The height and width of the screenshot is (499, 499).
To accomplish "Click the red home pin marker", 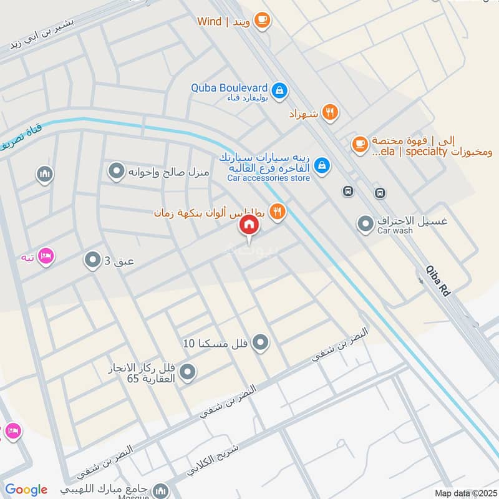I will click(249, 225).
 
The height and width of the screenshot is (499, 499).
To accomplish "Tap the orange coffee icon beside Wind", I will click(262, 21).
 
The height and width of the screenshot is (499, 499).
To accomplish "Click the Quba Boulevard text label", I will click(229, 88).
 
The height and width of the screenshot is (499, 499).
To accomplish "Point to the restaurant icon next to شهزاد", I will click(331, 113).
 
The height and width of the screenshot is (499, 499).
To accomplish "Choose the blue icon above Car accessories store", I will click(322, 165).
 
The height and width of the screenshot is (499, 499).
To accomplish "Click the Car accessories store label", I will click(268, 178).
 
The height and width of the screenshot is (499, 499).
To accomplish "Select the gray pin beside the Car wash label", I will click(365, 223).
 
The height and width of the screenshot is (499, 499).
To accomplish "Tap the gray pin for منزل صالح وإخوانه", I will click(116, 170).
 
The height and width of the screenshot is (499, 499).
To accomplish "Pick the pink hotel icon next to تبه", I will click(46, 256).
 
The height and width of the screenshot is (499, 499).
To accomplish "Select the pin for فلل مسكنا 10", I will click(261, 342).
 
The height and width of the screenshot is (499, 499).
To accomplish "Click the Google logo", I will click(26, 490).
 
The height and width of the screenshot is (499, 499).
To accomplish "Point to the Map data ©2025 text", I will click(465, 493).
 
